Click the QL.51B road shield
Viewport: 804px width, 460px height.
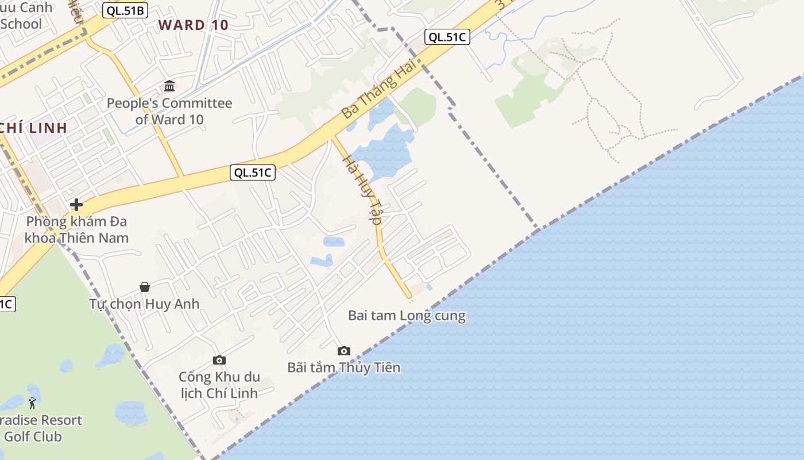coord(125,10)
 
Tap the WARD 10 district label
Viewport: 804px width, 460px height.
coord(194,25)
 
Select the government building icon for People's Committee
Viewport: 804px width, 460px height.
coord(169,86)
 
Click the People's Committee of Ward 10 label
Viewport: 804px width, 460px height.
coord(169,112)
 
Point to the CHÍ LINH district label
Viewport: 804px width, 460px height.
coord(34,128)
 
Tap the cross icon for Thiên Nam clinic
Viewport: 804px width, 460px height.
coord(76,205)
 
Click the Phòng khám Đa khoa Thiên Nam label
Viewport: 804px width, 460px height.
coord(77,229)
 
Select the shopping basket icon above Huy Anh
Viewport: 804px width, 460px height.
coord(145,286)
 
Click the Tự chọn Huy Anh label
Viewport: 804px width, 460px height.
coord(144,304)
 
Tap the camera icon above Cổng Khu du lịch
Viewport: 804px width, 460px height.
coord(219,360)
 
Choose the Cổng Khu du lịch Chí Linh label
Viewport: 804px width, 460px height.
coord(219,385)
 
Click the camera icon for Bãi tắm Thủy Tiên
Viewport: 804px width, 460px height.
coord(343,351)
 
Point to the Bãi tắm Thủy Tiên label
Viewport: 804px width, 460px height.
coord(343,367)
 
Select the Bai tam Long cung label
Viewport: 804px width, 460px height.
coord(407,316)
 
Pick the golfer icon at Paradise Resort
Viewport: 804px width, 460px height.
coord(32,403)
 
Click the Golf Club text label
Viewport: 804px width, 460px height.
coord(32,436)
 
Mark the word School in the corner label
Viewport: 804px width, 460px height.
coord(21,24)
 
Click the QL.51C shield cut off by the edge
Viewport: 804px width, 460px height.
coord(6,304)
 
